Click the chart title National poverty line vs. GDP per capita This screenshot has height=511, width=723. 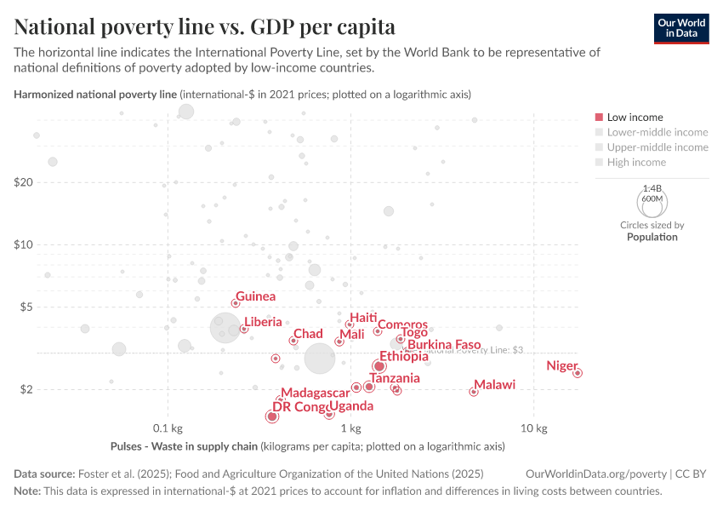pos(204,26)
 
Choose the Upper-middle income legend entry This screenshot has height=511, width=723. pos(657,147)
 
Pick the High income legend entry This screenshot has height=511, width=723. pos(636,162)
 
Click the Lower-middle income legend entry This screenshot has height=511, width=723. pos(657,132)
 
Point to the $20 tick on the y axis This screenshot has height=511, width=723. pos(23,182)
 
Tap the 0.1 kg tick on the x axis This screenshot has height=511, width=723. pos(168,428)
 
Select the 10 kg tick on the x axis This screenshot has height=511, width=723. pos(533,428)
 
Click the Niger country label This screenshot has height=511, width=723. pos(561,365)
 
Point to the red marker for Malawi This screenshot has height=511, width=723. pos(474,392)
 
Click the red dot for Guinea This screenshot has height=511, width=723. pos(236,303)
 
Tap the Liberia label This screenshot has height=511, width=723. pos(263,322)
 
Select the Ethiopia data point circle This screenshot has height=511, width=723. pos(379,366)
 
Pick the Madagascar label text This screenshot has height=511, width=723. pos(315,393)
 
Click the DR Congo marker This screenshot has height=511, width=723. pos(271,416)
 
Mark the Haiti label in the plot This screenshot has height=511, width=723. pos(363,318)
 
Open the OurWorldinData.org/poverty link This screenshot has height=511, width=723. pos(596,474)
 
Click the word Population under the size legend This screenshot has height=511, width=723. pos(652,237)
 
